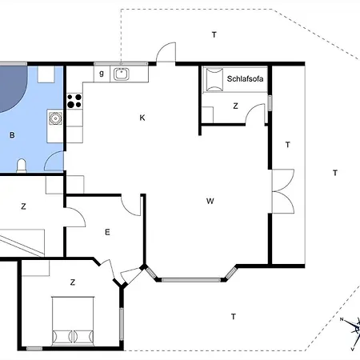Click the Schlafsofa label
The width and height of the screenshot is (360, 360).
tap(245, 78)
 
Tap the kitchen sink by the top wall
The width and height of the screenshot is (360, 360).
tap(122, 74)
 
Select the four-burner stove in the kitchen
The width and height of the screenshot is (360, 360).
tap(74, 101)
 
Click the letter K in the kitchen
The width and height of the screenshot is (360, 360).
tap(142, 118)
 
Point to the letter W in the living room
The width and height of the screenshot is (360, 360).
tap(210, 201)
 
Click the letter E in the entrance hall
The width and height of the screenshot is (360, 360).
tap(107, 232)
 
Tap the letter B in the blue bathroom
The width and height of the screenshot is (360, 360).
tap(12, 135)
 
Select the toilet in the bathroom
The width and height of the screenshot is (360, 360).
tap(22, 166)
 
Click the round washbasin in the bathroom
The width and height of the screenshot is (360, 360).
tap(55, 118)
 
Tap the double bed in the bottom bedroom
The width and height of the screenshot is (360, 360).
tap(73, 321)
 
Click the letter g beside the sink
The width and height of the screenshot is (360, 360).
tap(102, 73)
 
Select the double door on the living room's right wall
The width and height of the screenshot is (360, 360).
tap(282, 191)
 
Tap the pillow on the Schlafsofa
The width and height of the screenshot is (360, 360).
tap(214, 79)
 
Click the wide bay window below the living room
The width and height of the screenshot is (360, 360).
tap(191, 280)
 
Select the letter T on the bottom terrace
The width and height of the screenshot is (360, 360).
tap(234, 317)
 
